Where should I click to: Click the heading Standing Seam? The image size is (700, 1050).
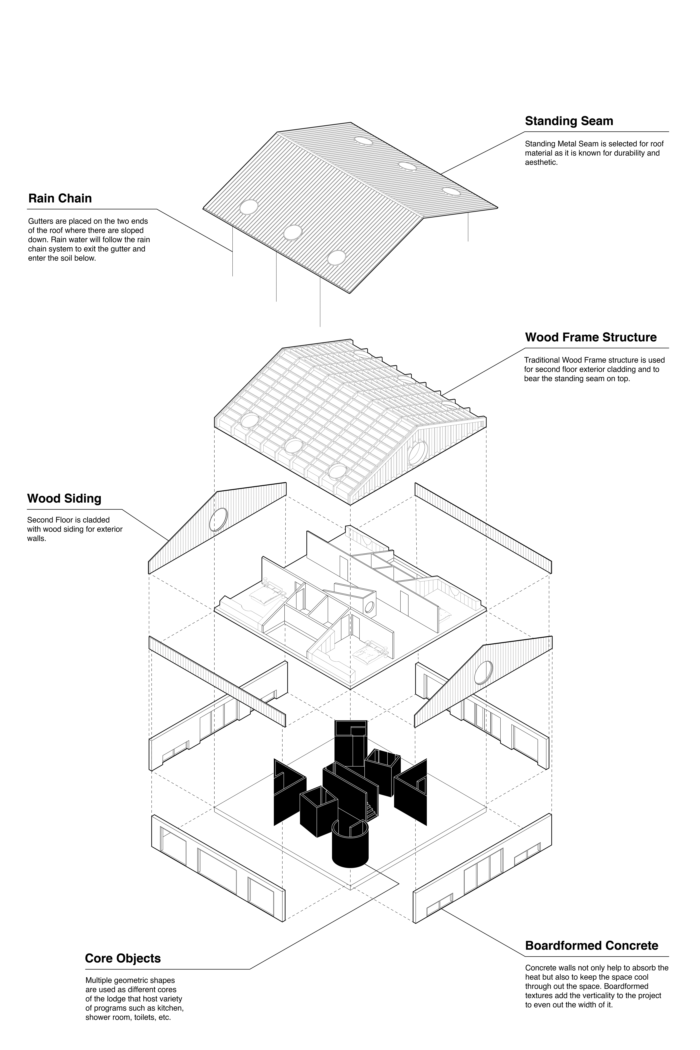569,121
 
